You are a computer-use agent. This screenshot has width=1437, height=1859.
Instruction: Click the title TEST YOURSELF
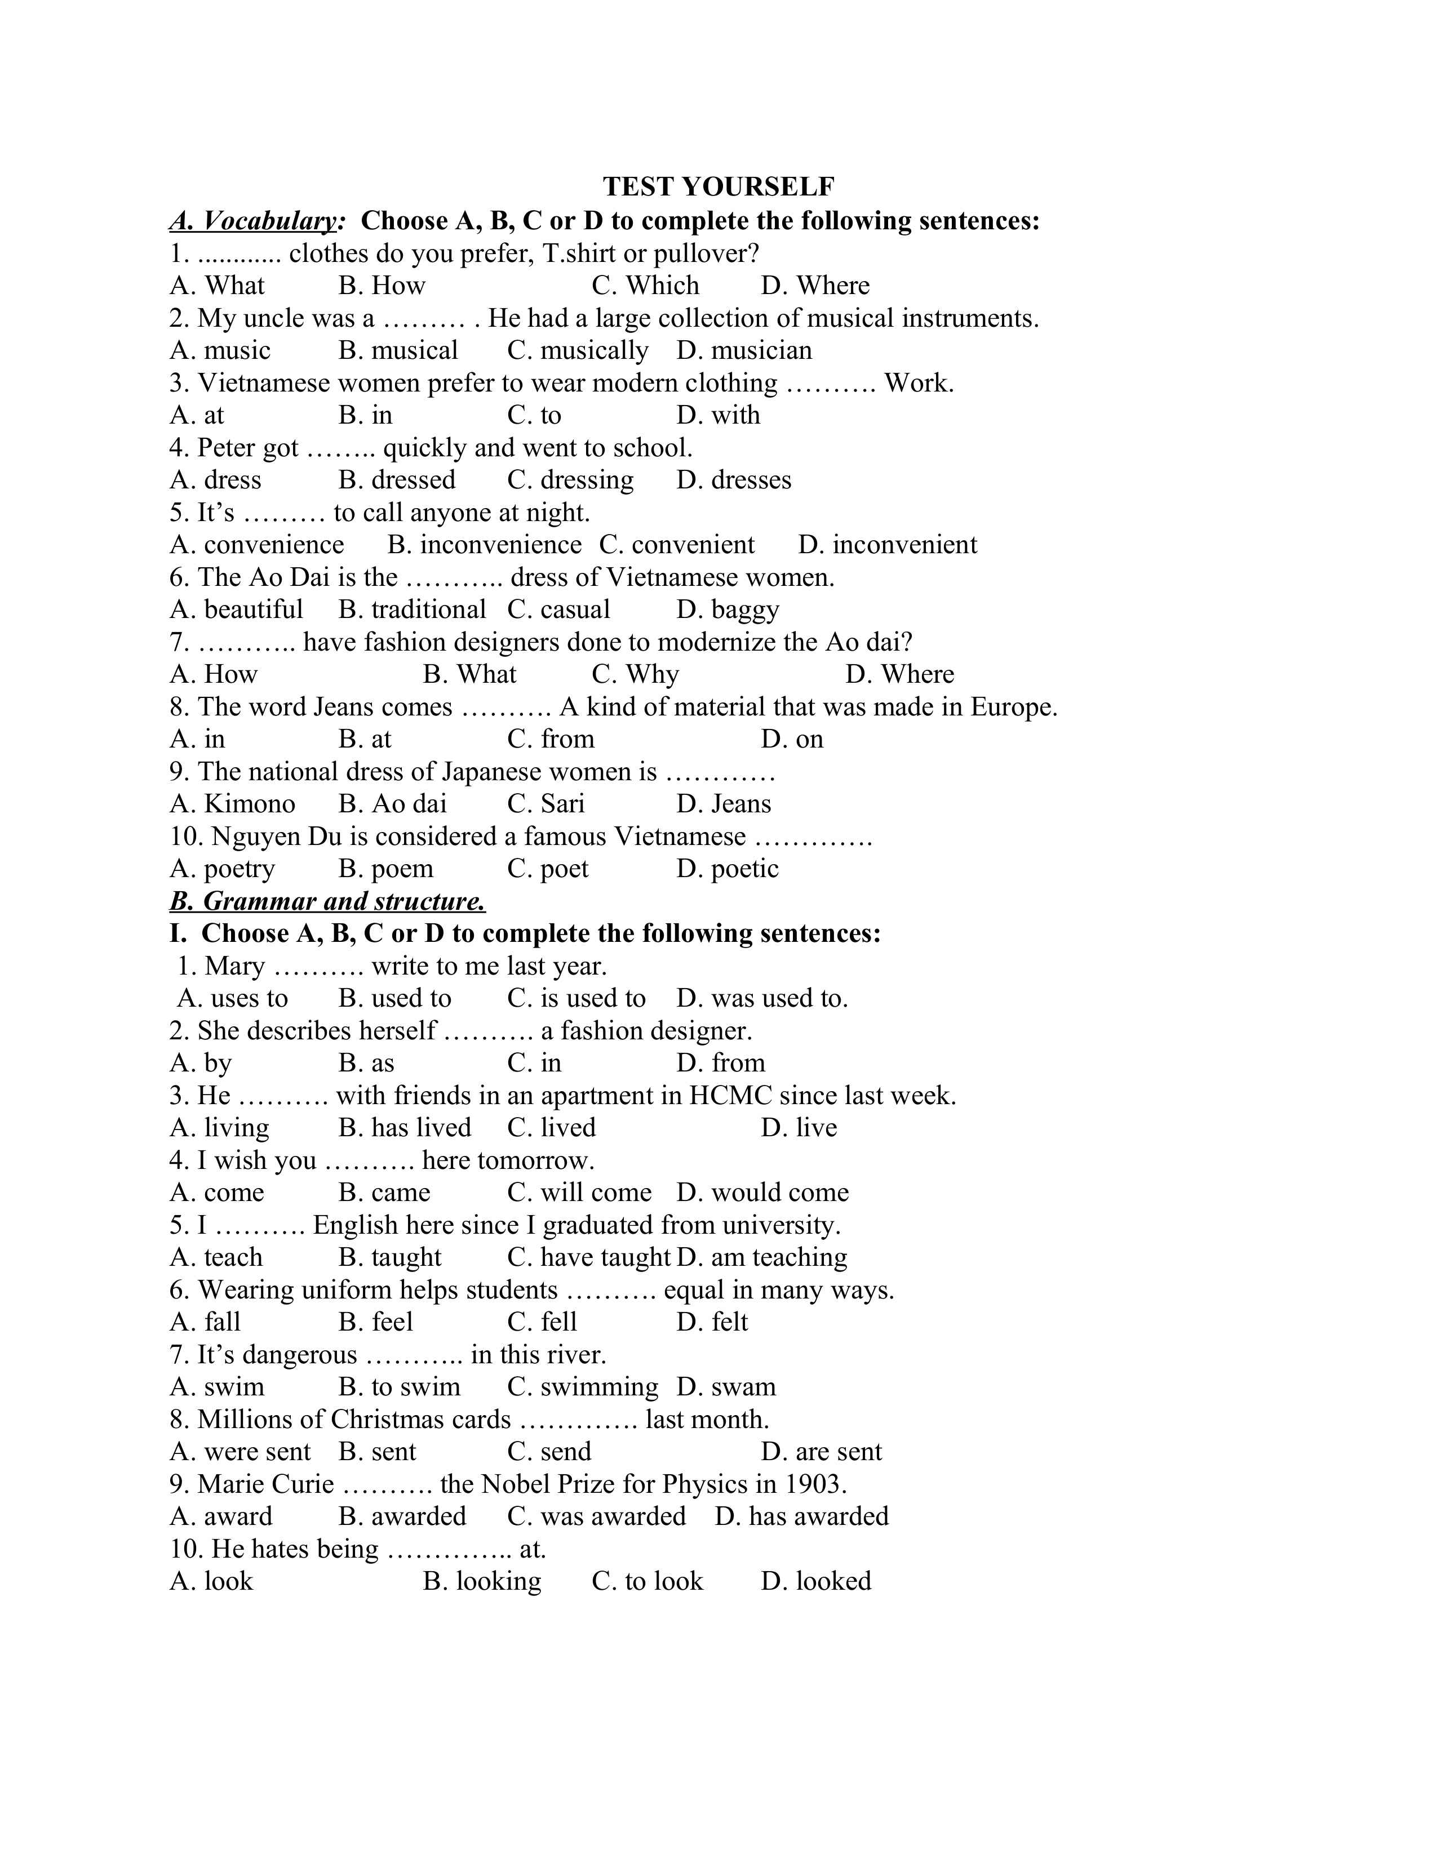(x=718, y=186)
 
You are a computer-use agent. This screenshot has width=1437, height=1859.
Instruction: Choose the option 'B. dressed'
(x=397, y=480)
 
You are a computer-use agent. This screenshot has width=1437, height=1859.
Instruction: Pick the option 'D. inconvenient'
(x=887, y=545)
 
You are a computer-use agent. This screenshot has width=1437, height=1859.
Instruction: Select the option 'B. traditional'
(x=412, y=610)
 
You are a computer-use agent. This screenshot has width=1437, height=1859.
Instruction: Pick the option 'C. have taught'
(x=589, y=1257)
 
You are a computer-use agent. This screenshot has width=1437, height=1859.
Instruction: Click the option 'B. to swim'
(x=400, y=1386)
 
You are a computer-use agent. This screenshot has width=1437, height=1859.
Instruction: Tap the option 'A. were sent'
(x=240, y=1451)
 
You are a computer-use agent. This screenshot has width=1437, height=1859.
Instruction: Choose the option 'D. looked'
(x=815, y=1581)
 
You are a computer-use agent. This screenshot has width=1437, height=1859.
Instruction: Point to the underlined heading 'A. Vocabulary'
(x=255, y=221)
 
